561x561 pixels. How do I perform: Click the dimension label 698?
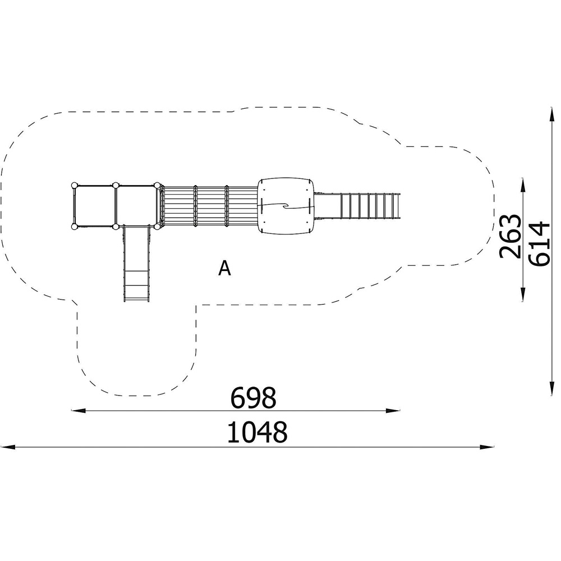click(x=254, y=398)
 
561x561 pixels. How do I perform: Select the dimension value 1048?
click(x=257, y=432)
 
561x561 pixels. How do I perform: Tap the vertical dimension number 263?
click(x=509, y=236)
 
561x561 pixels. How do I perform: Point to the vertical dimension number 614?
click(x=539, y=244)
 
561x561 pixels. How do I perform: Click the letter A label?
click(x=225, y=268)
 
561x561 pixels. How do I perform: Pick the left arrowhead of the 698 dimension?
click(x=79, y=411)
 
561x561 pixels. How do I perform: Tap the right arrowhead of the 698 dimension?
click(x=393, y=411)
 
